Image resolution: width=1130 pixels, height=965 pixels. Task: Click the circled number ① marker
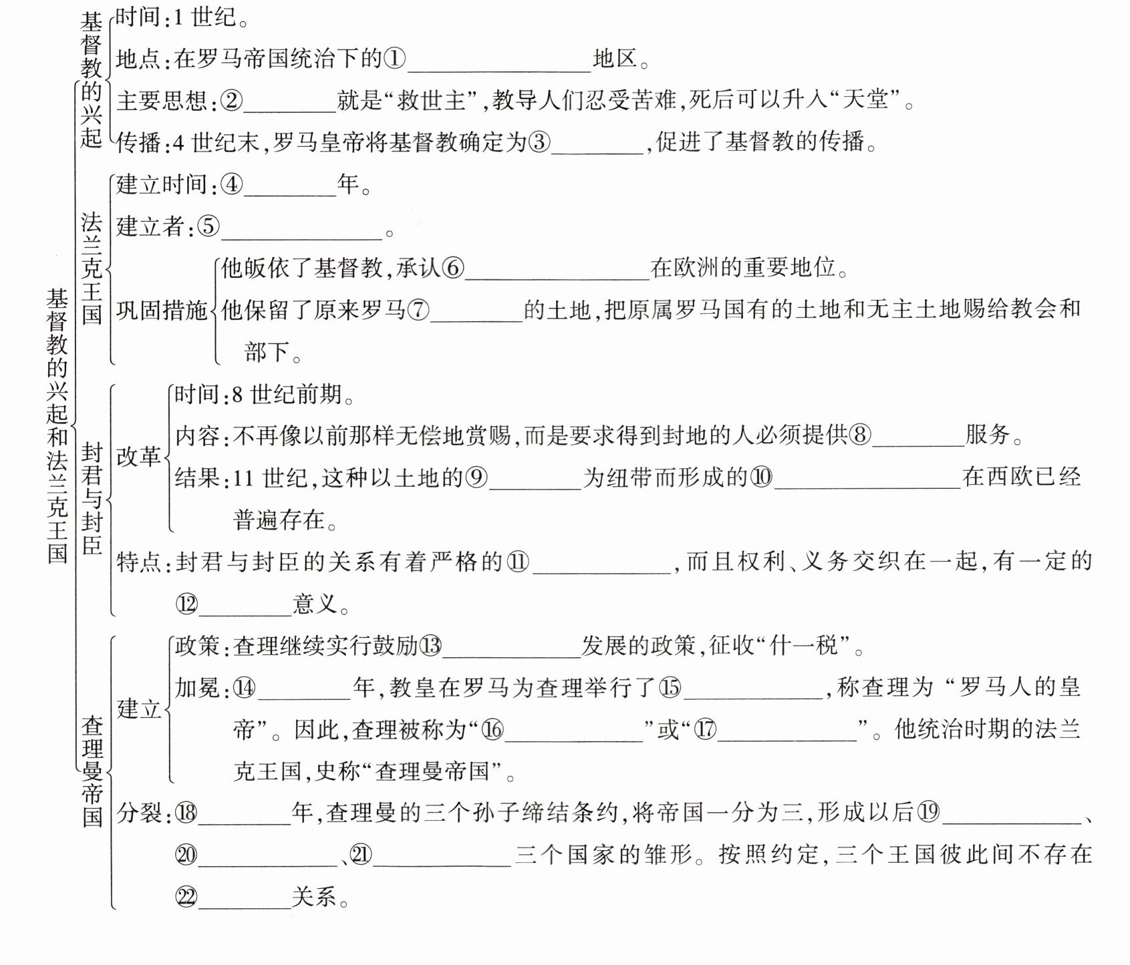[394, 59]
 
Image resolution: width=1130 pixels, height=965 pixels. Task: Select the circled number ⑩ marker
[760, 477]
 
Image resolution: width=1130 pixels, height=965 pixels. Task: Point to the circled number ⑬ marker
[430, 645]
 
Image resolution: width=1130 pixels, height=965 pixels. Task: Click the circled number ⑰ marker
[705, 729]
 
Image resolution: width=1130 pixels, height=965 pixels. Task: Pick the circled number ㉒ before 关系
[187, 897]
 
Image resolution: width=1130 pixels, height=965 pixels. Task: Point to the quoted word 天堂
[868, 100]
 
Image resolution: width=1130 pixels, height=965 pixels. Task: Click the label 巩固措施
[162, 310]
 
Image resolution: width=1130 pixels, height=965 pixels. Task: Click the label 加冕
[198, 687]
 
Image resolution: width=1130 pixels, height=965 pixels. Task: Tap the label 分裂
[139, 813]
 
